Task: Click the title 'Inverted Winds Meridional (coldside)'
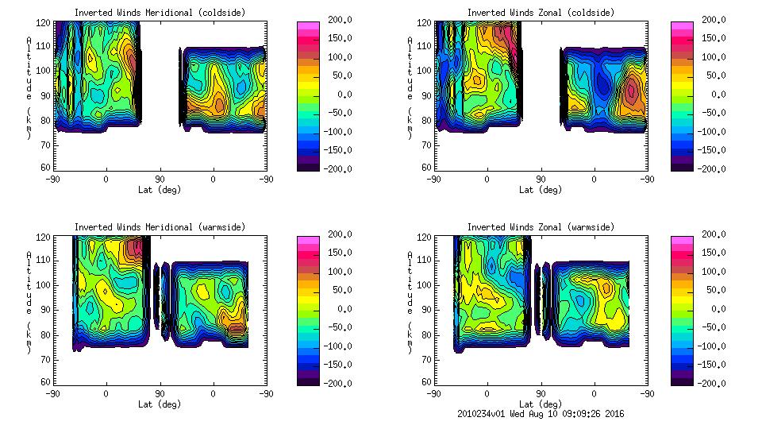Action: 160,13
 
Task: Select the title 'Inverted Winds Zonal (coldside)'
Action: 541,13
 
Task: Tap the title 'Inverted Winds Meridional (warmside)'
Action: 160,227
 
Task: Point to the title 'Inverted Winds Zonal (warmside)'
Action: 541,227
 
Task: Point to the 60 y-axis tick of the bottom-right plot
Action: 425,382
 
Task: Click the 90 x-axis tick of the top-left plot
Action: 160,179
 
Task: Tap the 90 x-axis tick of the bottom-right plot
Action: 541,393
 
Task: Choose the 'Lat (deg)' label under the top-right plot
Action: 541,190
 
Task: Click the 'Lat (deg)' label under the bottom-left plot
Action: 160,404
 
